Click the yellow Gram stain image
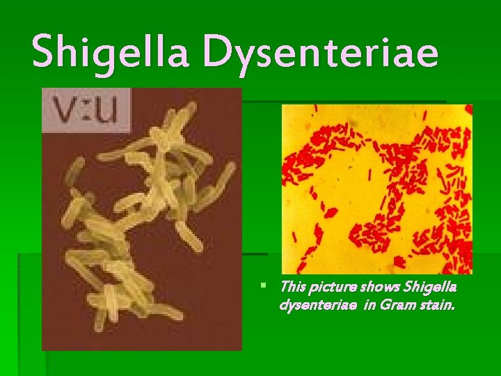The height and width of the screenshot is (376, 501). (376, 188)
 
